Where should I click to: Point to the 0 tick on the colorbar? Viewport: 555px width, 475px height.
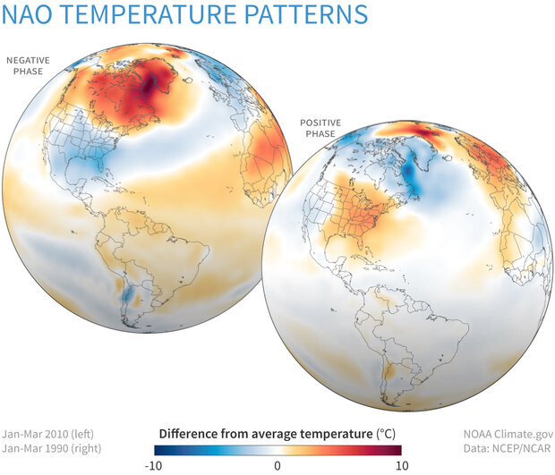point(277,465)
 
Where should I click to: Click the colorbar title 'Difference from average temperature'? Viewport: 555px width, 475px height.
point(257,432)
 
